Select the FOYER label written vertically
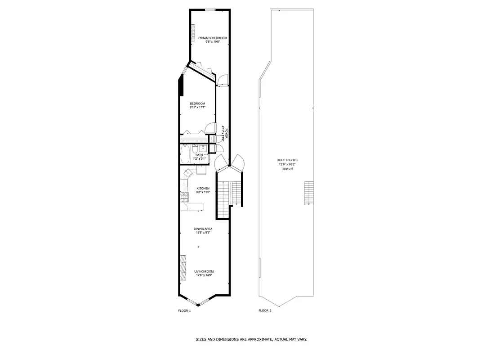tap(227, 134)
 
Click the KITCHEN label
tap(203, 188)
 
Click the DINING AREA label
tap(203, 229)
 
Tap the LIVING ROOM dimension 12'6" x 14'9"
tap(204, 275)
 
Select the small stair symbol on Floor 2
tap(308, 193)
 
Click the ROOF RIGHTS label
tap(287, 160)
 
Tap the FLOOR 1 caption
tap(185, 310)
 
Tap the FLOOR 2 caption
tap(264, 310)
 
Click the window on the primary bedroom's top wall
tap(210, 9)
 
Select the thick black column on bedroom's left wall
tap(181, 85)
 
